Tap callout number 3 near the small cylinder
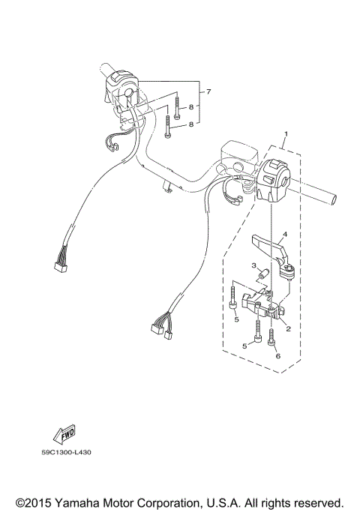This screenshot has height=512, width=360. [x=254, y=266]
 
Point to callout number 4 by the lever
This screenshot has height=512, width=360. [x=284, y=234]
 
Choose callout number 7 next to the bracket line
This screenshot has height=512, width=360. [x=209, y=91]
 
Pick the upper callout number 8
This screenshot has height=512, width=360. [x=191, y=108]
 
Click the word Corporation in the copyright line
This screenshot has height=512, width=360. [x=185, y=502]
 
